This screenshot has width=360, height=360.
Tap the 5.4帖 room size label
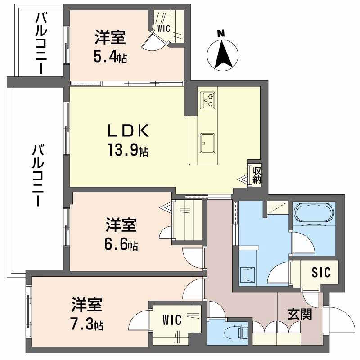point(110,57)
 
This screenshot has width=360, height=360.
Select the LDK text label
point(128,131)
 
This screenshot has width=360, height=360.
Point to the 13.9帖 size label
point(128,150)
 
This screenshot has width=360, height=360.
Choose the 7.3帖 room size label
point(88,324)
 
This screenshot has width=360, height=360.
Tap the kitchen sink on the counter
point(207,144)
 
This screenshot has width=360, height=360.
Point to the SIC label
point(321,272)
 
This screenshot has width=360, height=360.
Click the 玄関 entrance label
point(300,314)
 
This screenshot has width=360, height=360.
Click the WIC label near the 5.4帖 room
point(163,29)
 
